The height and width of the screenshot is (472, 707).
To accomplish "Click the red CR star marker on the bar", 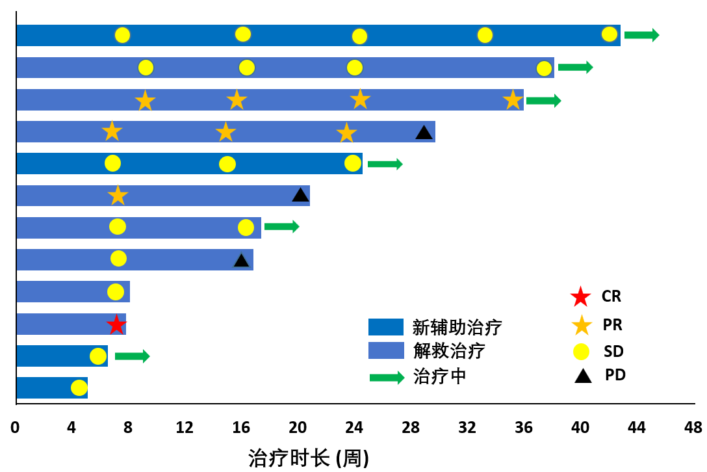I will pos(116,324).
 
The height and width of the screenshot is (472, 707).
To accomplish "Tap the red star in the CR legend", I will pos(580,297).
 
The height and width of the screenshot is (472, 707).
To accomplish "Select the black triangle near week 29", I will pos(424,133).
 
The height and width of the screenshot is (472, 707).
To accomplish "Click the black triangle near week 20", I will pos(300,194).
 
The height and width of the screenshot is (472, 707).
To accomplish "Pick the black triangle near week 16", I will pos(241,260).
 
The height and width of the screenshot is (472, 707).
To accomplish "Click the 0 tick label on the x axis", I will pos(16,428).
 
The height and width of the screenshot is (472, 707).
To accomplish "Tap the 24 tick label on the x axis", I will pos(354,428).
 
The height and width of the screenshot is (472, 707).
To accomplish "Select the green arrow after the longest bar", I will pos(641,35).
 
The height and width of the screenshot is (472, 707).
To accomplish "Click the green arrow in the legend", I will pos(387,378).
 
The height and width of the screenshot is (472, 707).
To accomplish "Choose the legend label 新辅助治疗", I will pos(457,327).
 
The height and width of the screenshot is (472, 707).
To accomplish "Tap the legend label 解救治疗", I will pos(449,351).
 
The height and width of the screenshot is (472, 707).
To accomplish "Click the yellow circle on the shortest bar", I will pos(79,387).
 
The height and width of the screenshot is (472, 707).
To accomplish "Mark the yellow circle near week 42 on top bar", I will pos(610,34).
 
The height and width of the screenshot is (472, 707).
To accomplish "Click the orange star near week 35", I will pos(513,100).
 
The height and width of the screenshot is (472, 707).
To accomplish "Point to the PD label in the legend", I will pos(615,375).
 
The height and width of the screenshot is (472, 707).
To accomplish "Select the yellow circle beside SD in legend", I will pos(580,352).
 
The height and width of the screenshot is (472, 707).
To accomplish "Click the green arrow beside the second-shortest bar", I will pos(132,356).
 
